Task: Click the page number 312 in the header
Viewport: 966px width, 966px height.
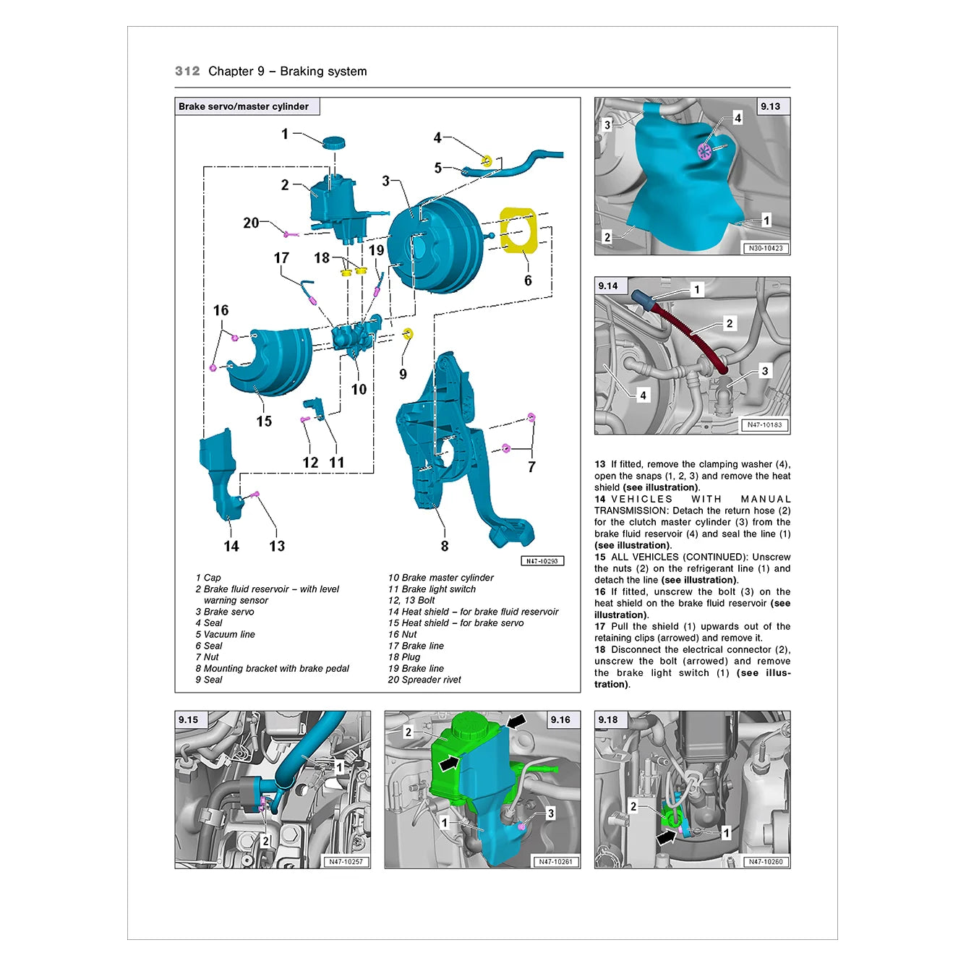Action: (187, 71)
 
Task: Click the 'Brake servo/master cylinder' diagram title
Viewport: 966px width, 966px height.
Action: (244, 106)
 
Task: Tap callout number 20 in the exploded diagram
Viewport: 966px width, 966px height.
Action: (251, 223)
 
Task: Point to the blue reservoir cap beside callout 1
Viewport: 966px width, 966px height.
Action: (333, 142)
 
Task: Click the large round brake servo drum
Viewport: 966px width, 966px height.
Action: (435, 245)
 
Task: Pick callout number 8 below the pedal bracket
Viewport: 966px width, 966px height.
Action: (445, 546)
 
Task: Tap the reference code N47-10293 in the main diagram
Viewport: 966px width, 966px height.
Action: (542, 561)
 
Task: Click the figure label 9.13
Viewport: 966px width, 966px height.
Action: (770, 106)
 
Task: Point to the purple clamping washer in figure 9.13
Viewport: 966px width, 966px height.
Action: (704, 150)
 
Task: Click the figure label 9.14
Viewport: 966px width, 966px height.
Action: (607, 286)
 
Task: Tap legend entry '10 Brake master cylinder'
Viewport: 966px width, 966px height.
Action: (440, 578)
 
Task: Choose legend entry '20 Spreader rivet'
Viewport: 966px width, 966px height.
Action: (424, 680)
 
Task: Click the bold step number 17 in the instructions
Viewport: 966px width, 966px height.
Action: (600, 627)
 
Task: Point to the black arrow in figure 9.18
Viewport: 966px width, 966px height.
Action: (667, 837)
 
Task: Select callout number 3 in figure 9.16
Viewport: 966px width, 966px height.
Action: (550, 813)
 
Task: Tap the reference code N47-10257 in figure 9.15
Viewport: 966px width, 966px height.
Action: (346, 862)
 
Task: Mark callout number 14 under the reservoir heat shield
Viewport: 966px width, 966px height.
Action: (231, 546)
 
